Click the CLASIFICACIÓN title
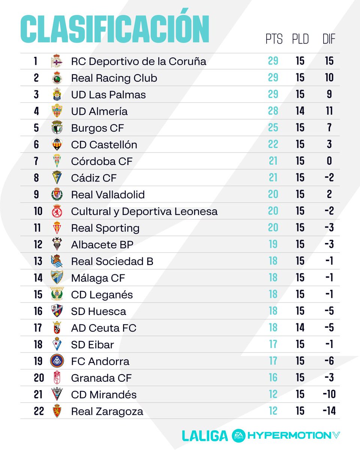tap(114, 30)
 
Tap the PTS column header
tap(274, 39)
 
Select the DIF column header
tap(329, 39)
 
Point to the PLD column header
tap(300, 39)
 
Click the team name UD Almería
tap(99, 111)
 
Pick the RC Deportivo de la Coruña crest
tap(57, 61)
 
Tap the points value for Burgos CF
tap(273, 128)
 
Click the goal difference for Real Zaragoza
tap(329, 411)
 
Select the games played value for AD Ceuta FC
tap(300, 328)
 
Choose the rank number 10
tap(38, 211)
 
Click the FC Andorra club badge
tap(57, 361)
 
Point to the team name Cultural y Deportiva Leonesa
tap(144, 211)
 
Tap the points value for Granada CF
tap(273, 378)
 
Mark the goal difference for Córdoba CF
tap(329, 161)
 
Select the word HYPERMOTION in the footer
tap(287, 435)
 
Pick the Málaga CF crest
tap(57, 278)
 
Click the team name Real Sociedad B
tap(112, 261)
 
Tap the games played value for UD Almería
tap(300, 111)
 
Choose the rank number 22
tap(39, 411)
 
